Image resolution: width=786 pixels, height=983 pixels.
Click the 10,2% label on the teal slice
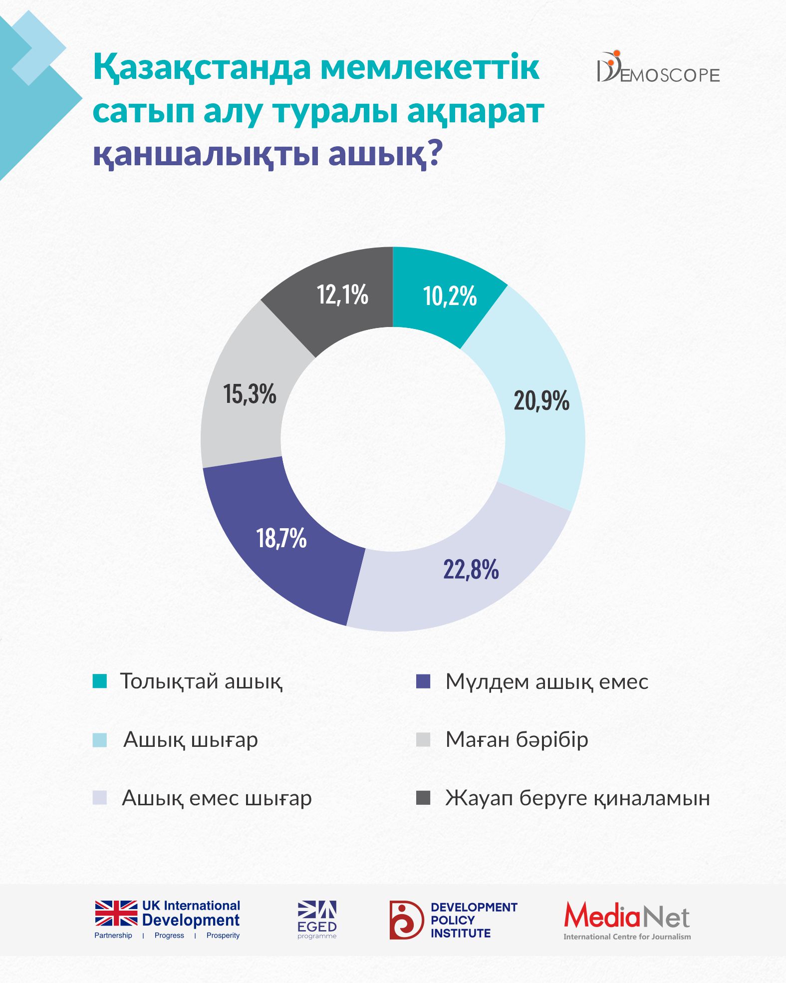tap(450, 296)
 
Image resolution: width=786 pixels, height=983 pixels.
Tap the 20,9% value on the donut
tap(541, 400)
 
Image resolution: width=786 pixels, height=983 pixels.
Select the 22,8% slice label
tap(471, 569)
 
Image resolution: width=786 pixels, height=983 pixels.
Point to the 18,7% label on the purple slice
tap(281, 538)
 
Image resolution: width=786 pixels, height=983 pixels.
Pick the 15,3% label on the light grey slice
tap(250, 394)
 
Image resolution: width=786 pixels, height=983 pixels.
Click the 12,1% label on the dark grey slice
tap(342, 294)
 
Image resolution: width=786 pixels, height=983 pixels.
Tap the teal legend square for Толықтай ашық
tap(100, 681)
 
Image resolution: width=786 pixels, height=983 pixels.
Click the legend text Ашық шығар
tap(191, 739)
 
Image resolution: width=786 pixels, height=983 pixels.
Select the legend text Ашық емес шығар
tap(217, 798)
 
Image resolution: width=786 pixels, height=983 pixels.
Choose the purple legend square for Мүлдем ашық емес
tap(423, 681)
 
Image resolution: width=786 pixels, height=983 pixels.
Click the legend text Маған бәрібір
tap(517, 739)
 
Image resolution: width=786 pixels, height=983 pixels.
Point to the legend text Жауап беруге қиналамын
tap(577, 798)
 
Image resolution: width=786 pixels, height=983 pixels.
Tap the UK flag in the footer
tap(116, 913)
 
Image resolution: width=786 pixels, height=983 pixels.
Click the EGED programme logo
tap(317, 920)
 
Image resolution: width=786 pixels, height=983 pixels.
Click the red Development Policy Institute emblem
tap(406, 920)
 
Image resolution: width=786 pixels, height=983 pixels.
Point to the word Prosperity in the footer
tap(223, 936)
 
